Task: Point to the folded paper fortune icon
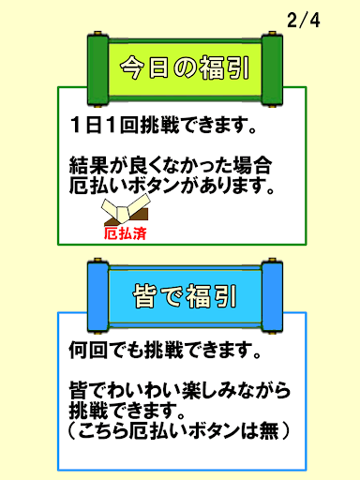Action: coord(121,210)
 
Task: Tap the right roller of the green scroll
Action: coord(273,70)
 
